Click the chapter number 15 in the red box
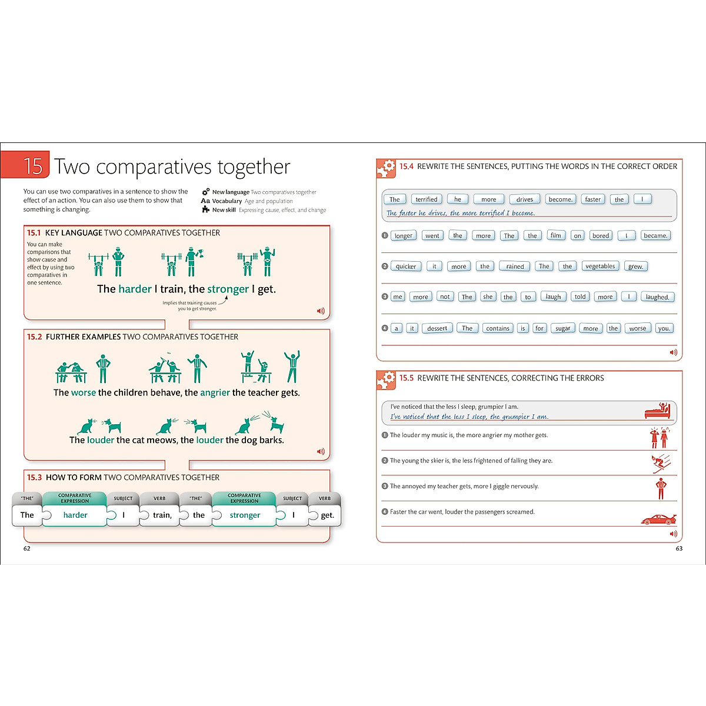pos(33,166)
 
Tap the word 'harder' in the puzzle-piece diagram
pos(75,515)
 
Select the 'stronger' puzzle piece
pos(245,515)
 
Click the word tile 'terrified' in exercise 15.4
pos(426,199)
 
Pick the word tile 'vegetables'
pos(600,267)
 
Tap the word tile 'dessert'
pos(437,328)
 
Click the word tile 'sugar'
pos(562,328)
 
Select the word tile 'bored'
pos(601,236)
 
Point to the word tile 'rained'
pos(515,267)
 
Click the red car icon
pos(658,519)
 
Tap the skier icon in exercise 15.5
pos(661,463)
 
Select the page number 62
pos(27,548)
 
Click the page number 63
pos(679,548)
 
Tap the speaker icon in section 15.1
pos(321,311)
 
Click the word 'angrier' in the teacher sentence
pos(215,393)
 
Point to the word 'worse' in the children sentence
pos(83,393)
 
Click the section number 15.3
pos(35,478)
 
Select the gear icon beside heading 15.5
pos(387,380)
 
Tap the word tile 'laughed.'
pos(657,297)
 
